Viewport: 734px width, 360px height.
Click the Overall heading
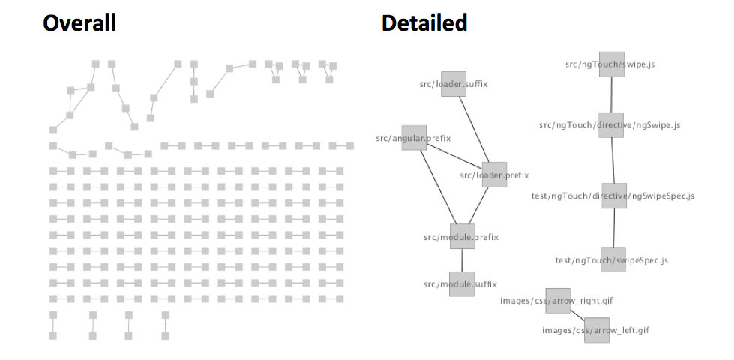point(79,23)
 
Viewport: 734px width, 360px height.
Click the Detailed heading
point(424,23)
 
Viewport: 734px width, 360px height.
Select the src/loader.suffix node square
point(454,84)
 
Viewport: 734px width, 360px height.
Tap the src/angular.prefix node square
point(415,138)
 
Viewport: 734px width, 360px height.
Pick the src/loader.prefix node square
point(494,175)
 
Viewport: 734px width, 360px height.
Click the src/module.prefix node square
point(463,236)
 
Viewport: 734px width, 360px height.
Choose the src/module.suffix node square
point(462,284)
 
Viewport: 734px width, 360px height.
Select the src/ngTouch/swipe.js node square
point(612,64)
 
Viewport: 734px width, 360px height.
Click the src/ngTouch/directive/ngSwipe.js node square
point(611,125)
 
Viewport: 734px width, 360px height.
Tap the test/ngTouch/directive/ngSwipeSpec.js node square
point(614,196)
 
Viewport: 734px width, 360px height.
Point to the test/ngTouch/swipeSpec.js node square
point(613,259)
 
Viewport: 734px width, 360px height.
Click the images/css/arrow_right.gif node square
point(559,301)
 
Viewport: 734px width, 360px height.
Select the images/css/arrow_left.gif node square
point(597,330)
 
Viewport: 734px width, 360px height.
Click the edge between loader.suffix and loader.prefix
point(474,130)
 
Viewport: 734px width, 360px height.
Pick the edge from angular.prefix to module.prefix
point(438,187)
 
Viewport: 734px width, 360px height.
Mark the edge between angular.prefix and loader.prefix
point(454,156)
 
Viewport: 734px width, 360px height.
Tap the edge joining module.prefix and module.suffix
point(462,260)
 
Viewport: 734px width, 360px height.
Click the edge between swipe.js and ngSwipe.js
point(611,95)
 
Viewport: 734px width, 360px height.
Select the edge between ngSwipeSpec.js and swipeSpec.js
point(614,227)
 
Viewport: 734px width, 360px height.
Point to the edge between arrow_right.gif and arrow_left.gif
point(577,315)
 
